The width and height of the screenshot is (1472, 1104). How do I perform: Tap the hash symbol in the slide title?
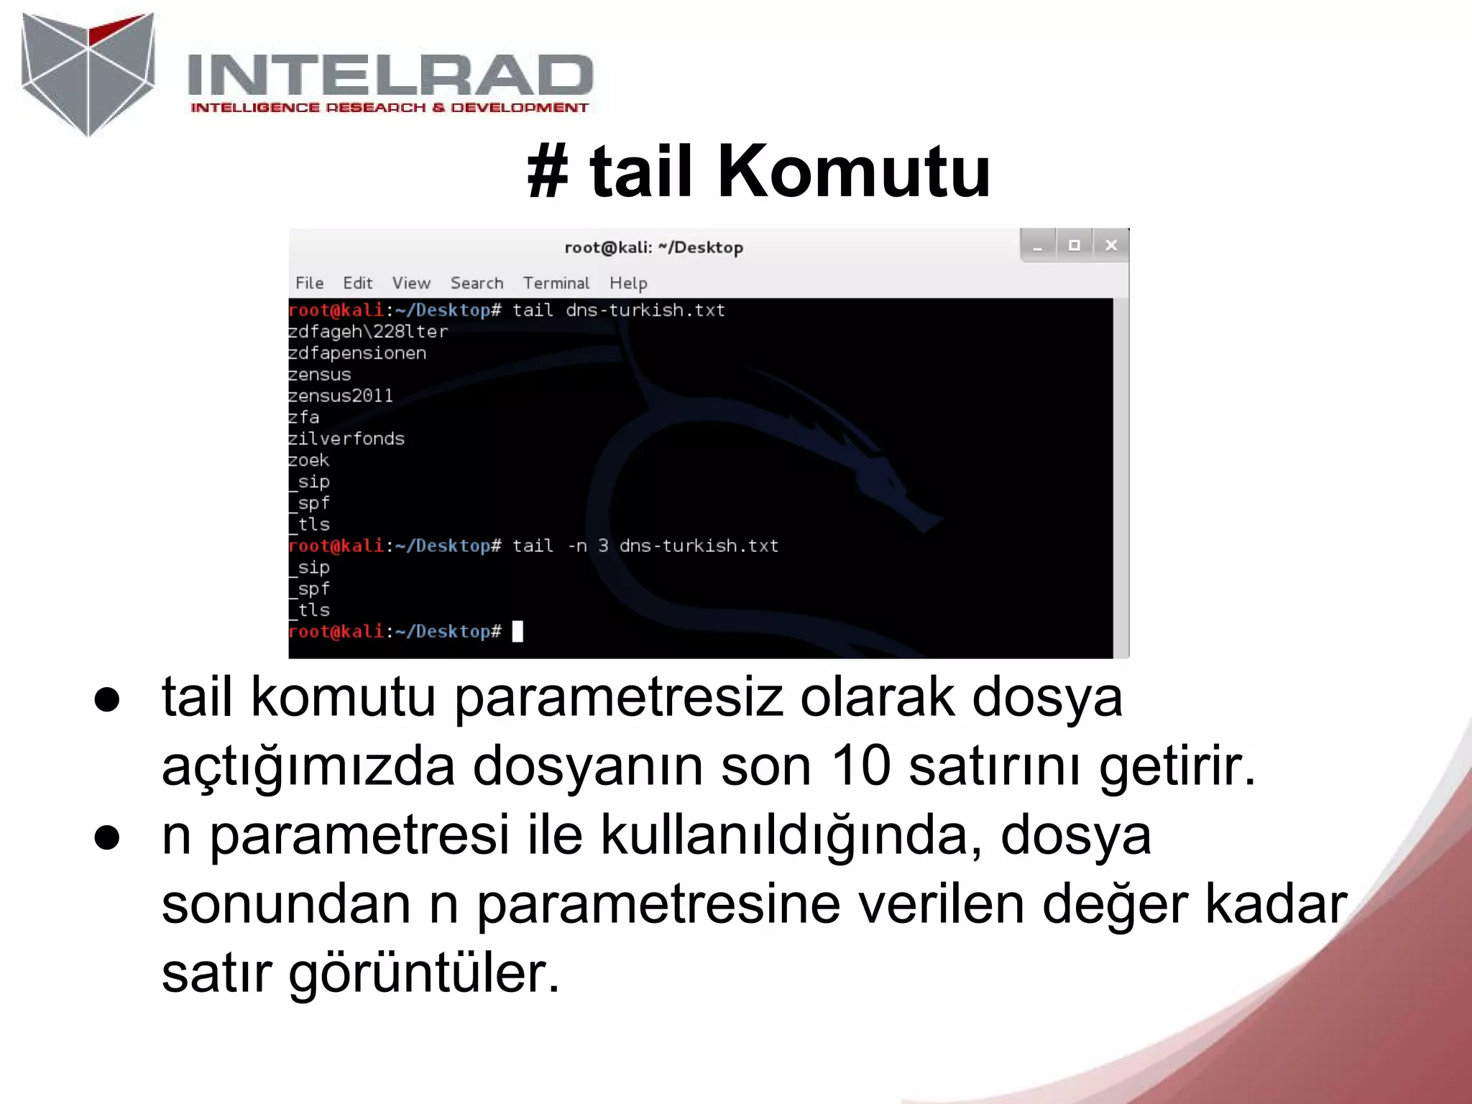(548, 172)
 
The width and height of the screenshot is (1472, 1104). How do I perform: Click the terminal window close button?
(1110, 246)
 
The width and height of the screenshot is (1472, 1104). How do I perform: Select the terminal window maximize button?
(1075, 246)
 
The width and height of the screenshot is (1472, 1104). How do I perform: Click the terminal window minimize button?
(1038, 247)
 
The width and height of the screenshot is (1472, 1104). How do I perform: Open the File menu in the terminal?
(310, 283)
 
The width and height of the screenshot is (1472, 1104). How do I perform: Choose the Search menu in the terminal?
(477, 283)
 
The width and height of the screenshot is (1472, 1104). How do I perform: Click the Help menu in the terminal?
(628, 283)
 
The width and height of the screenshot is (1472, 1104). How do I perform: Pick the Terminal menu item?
(556, 283)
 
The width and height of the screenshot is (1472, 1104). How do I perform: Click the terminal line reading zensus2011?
(341, 396)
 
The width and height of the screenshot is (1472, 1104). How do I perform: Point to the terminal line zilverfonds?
(346, 438)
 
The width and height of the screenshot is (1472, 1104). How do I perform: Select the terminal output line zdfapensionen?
(357, 353)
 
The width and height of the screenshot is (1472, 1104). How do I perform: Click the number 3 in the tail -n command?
(603, 546)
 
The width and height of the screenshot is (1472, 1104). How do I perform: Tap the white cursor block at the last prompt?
(517, 632)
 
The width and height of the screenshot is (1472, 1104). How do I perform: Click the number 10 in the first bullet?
(860, 765)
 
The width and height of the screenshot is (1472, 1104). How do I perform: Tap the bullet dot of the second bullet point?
(107, 837)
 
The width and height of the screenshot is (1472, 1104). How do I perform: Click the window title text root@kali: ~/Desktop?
(653, 248)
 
